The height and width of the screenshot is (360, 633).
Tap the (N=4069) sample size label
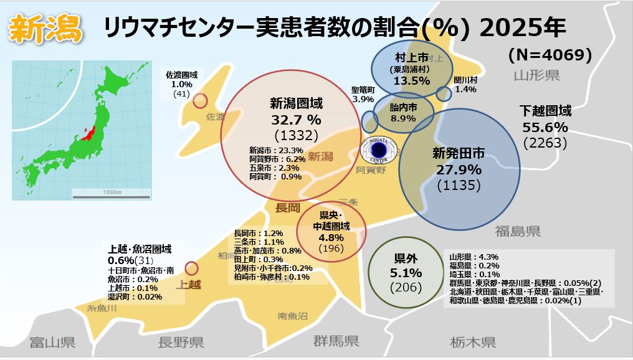point(550,55)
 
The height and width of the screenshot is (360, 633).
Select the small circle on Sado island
point(200,101)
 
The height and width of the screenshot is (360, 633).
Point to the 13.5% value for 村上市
point(412,80)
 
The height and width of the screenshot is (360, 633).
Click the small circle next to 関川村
point(443,94)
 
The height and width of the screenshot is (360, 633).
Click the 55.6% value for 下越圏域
point(545,127)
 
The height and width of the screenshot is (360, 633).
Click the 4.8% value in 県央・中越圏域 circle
point(331,237)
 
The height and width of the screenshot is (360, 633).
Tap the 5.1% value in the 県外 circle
point(406,273)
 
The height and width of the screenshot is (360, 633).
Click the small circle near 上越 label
point(191,268)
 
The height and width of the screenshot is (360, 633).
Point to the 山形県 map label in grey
point(536,76)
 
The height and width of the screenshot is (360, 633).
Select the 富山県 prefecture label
point(52,342)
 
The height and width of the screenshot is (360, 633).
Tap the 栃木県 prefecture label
point(473,342)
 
